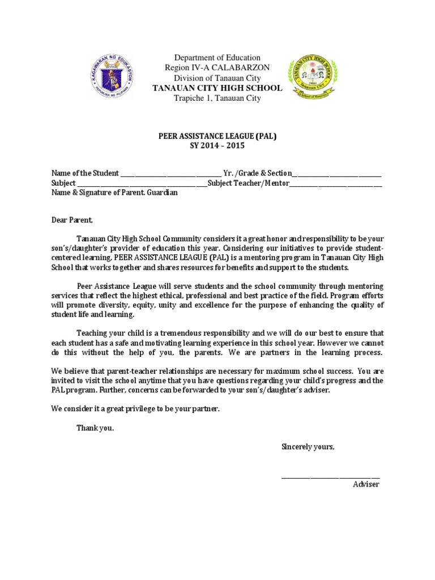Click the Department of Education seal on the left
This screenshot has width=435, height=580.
tap(114, 78)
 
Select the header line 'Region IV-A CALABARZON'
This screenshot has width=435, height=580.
tap(217, 68)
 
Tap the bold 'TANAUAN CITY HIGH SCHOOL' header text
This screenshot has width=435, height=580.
tap(217, 88)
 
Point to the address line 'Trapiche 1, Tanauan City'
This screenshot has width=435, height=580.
tap(217, 98)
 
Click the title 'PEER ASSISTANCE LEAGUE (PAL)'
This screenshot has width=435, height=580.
tap(217, 136)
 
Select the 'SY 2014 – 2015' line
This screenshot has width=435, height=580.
tap(217, 146)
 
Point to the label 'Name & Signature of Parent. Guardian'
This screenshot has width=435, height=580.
tap(114, 193)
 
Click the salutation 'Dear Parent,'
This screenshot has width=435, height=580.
tap(71, 220)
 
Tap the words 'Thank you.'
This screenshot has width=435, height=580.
tap(95, 428)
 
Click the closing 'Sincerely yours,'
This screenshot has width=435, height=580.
tap(308, 447)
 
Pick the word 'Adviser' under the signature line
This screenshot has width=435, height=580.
tap(366, 484)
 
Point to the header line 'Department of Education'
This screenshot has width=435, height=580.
tap(217, 58)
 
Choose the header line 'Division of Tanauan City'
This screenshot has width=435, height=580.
tap(217, 78)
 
